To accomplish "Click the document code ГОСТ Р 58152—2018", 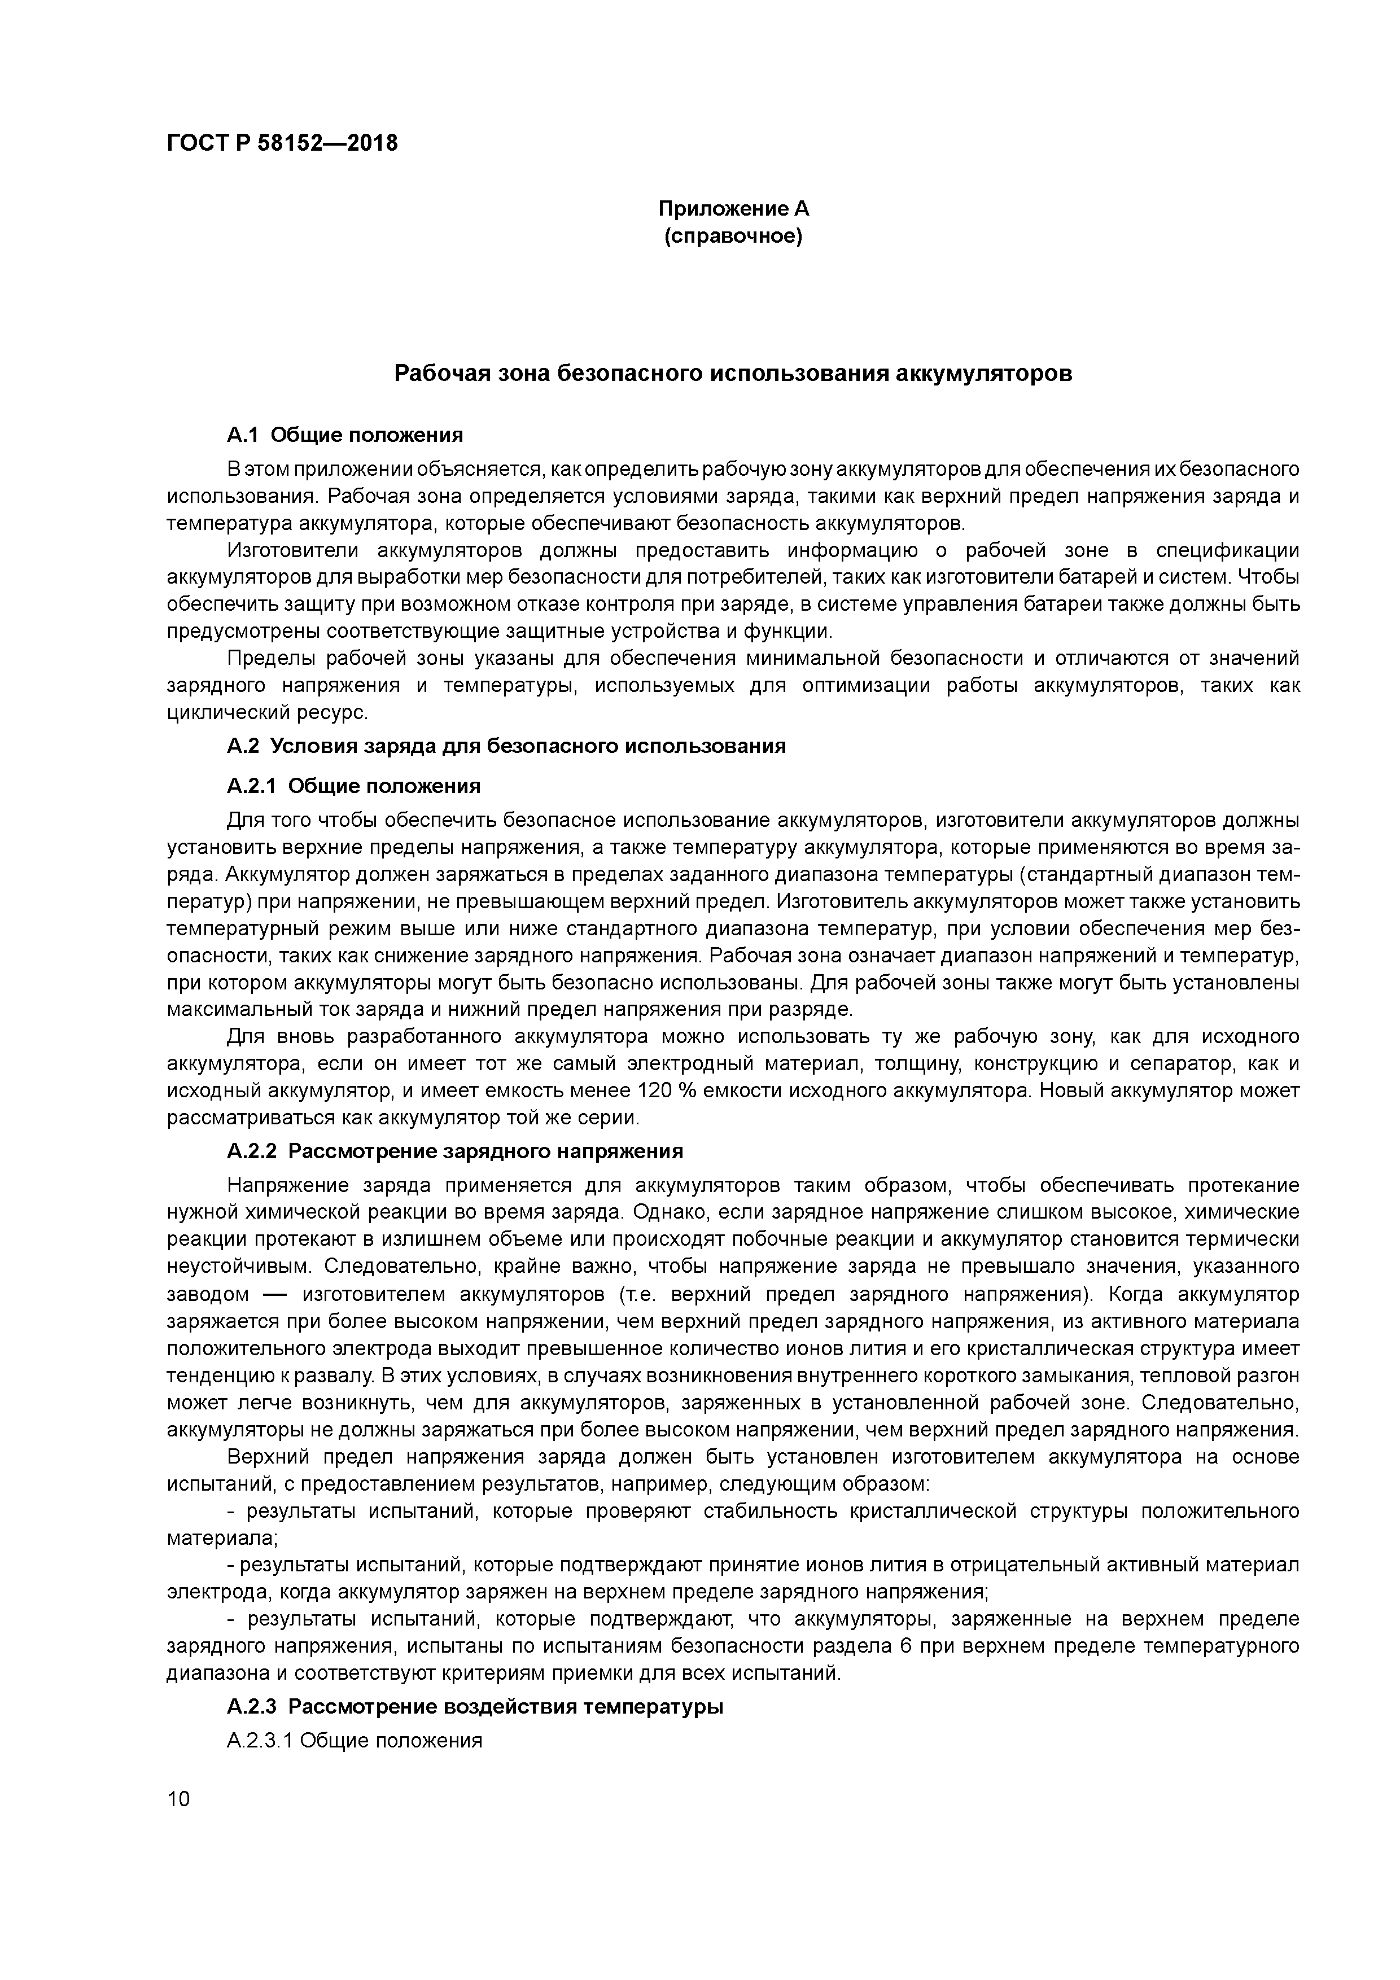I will point(282,143).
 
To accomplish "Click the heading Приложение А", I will point(733,209).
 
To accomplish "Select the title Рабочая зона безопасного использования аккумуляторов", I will point(733,374).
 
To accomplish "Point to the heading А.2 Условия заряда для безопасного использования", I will point(506,746).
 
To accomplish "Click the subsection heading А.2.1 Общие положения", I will point(353,786).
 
